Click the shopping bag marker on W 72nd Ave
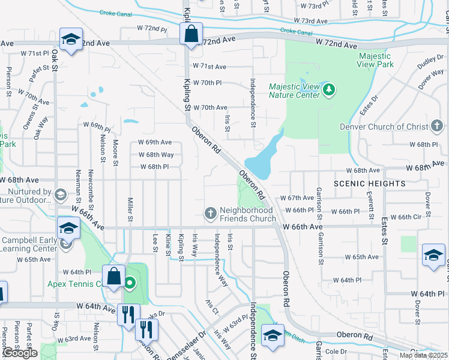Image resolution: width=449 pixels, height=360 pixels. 191,34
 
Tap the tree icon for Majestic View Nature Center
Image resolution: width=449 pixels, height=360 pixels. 328,90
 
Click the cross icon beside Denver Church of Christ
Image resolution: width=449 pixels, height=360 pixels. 437,127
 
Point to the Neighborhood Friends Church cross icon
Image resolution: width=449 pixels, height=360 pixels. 211,214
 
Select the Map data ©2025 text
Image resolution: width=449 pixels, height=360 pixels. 423,355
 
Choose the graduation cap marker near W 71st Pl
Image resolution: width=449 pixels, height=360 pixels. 71,41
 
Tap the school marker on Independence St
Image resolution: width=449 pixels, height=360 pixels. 273,335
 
